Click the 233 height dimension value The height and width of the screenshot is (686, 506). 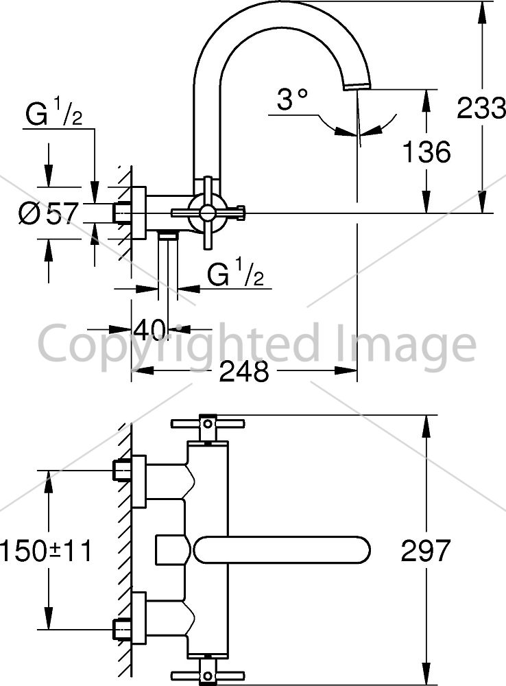481,108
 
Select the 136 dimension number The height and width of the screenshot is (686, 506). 426,152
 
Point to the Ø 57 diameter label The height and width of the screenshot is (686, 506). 49,214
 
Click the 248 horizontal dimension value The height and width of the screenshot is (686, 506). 244,371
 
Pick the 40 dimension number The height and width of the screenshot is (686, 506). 150,329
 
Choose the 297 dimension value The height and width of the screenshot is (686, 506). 426,550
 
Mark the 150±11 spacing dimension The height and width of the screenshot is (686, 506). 46,550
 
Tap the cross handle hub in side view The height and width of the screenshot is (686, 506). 207,213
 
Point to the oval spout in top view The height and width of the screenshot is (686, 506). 281,549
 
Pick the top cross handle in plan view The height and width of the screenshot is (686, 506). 208,423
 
